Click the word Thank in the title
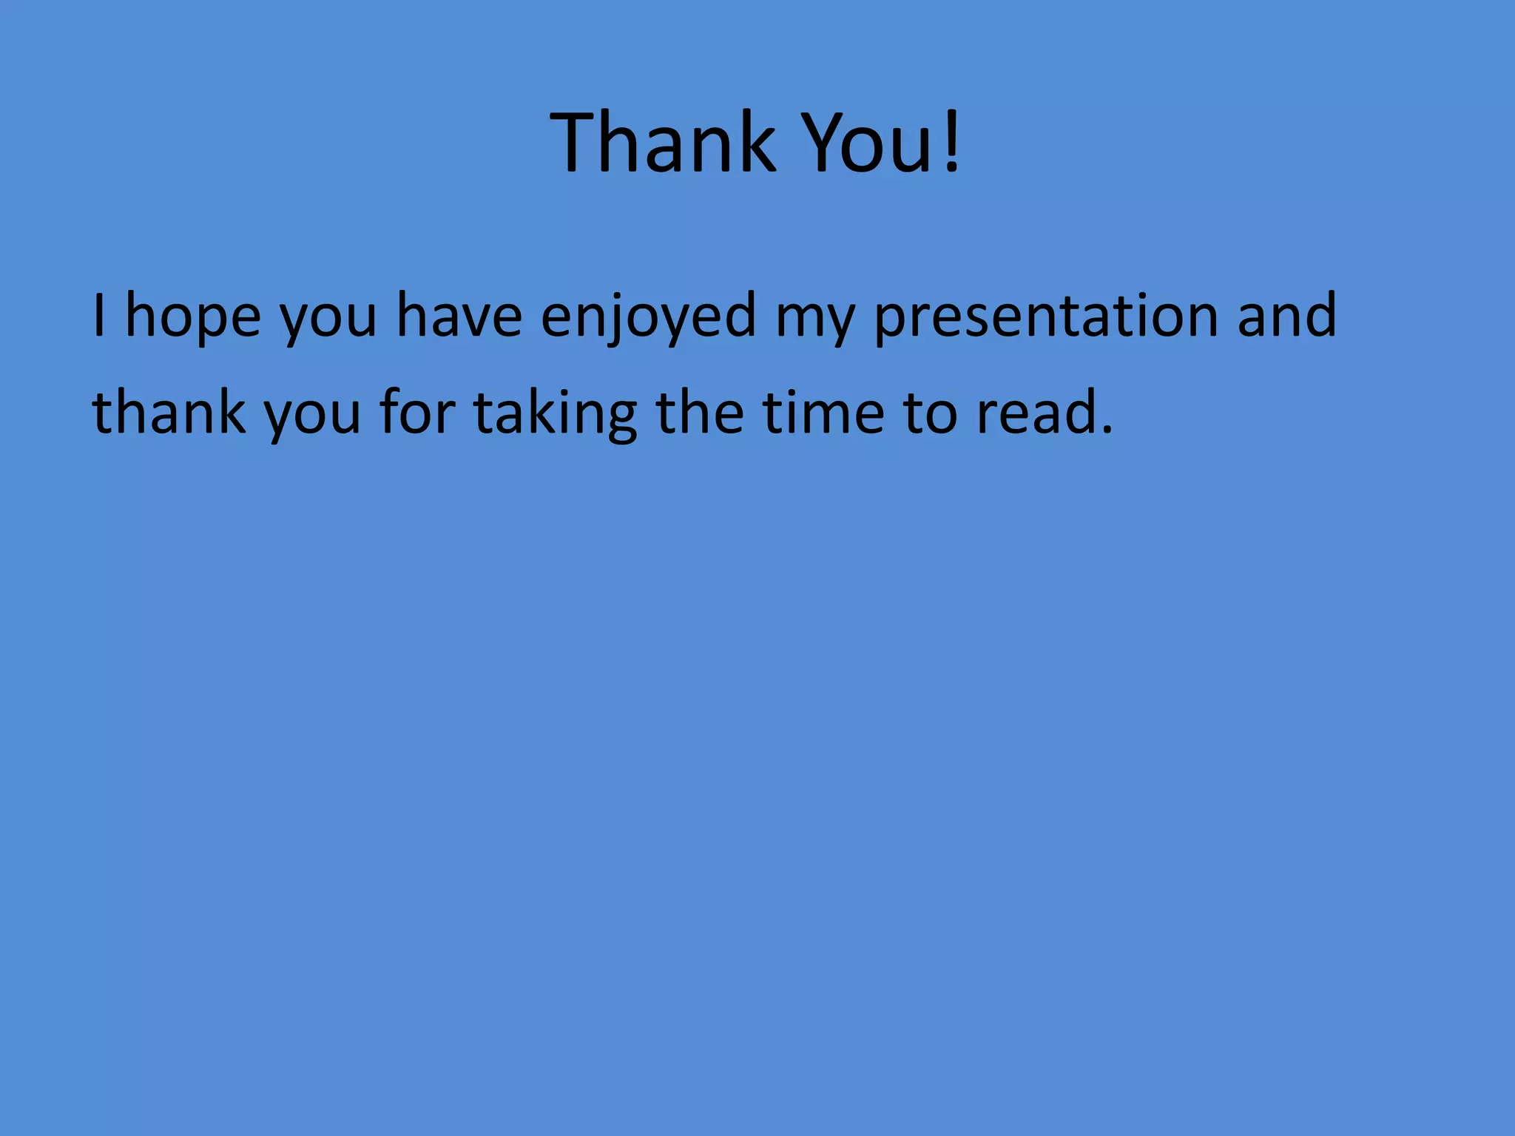pyautogui.click(x=664, y=141)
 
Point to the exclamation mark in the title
pyautogui.click(x=952, y=141)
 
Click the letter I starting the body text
pyautogui.click(x=99, y=315)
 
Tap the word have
pyautogui.click(x=459, y=315)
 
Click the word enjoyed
pyautogui.click(x=649, y=318)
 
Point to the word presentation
pyautogui.click(x=1046, y=318)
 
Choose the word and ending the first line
pyautogui.click(x=1286, y=315)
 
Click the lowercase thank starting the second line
pyautogui.click(x=169, y=412)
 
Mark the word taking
pyautogui.click(x=555, y=415)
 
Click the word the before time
pyautogui.click(x=700, y=412)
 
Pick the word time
pyautogui.click(x=823, y=412)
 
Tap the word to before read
pyautogui.click(x=930, y=414)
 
